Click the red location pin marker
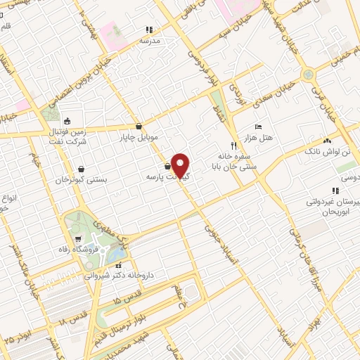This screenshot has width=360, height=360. point(181,166)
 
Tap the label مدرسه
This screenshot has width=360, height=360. point(150,41)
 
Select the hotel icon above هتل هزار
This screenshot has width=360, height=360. point(258,127)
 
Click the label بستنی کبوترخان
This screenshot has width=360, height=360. point(82,179)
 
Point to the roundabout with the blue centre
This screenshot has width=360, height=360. point(307,74)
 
